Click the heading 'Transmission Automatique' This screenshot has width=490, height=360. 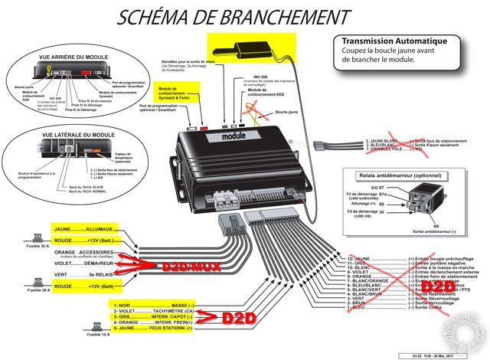[377, 41]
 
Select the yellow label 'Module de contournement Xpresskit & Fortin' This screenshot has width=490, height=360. [177, 96]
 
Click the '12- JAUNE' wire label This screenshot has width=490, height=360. [354, 259]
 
